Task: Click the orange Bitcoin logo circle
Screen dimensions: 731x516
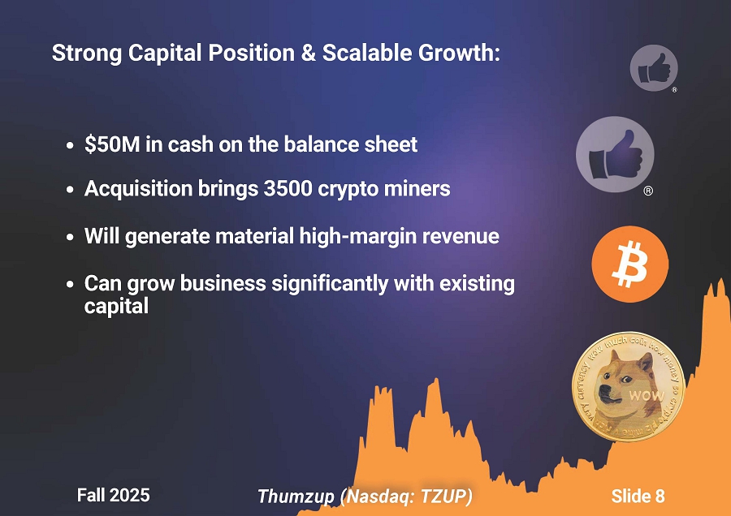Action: click(x=629, y=264)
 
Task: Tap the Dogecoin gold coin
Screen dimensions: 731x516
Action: click(x=629, y=386)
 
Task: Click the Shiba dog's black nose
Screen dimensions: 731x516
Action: click(x=603, y=389)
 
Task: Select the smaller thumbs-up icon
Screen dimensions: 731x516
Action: click(x=654, y=68)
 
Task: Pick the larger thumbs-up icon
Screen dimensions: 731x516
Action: click(x=615, y=154)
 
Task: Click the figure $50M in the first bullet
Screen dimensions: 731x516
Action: click(x=112, y=144)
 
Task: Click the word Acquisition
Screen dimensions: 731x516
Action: click(x=138, y=189)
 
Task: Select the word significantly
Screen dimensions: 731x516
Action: click(x=330, y=284)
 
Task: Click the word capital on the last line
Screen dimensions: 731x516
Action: click(x=116, y=307)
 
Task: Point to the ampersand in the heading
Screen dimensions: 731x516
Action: click(x=309, y=53)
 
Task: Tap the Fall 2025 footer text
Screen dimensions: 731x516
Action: click(x=113, y=495)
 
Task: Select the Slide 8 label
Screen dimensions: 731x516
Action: click(x=638, y=496)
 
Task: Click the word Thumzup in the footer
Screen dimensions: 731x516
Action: click(x=296, y=497)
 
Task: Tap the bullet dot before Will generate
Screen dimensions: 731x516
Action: click(x=70, y=238)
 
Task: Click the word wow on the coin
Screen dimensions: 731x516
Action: click(x=647, y=396)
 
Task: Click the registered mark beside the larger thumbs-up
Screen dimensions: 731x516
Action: click(x=648, y=191)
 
